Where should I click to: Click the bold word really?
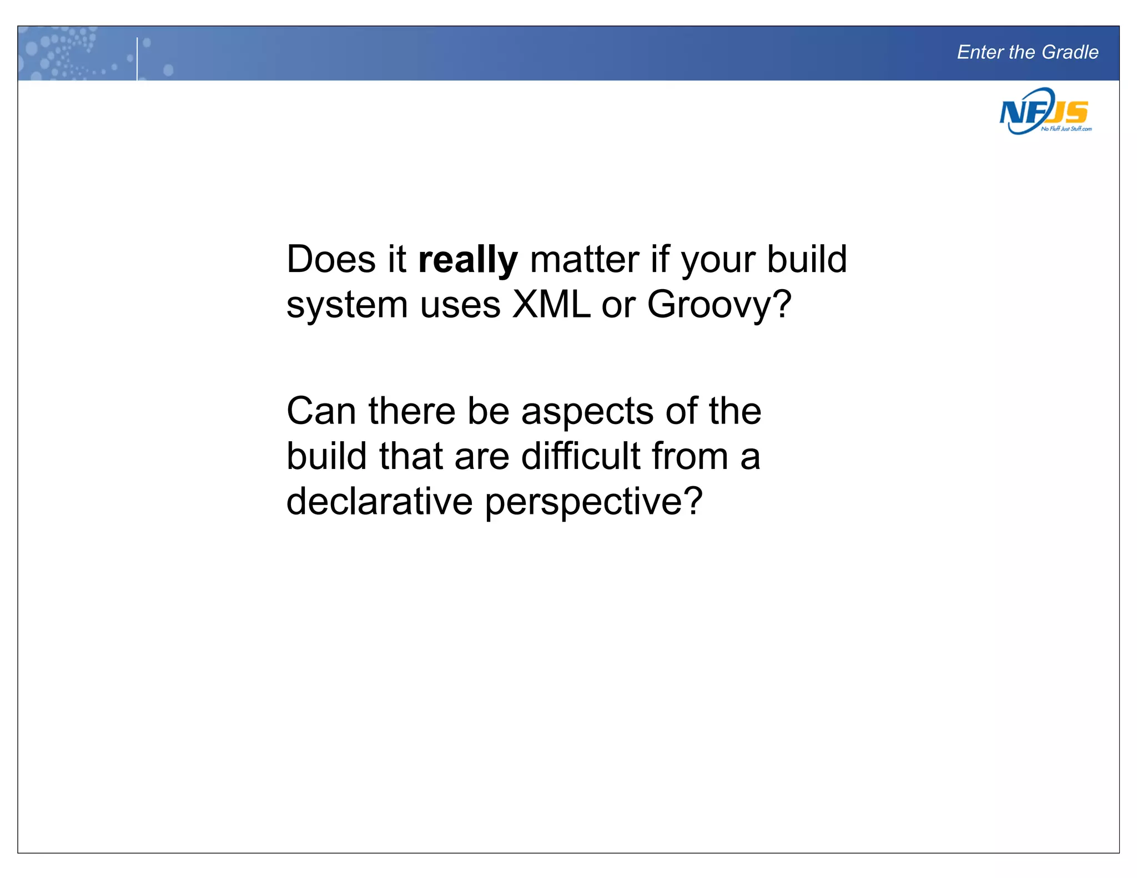(x=467, y=260)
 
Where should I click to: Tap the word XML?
(x=551, y=305)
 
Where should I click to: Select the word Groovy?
(x=718, y=306)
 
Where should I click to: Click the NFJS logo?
(x=1044, y=111)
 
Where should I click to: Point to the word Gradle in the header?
(x=1070, y=52)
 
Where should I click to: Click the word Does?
(x=331, y=259)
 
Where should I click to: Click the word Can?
(x=321, y=411)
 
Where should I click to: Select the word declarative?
(x=379, y=501)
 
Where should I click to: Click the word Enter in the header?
(x=980, y=52)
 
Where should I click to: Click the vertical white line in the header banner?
(x=137, y=58)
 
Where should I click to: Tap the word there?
(x=411, y=411)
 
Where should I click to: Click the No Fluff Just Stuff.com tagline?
(x=1066, y=129)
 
